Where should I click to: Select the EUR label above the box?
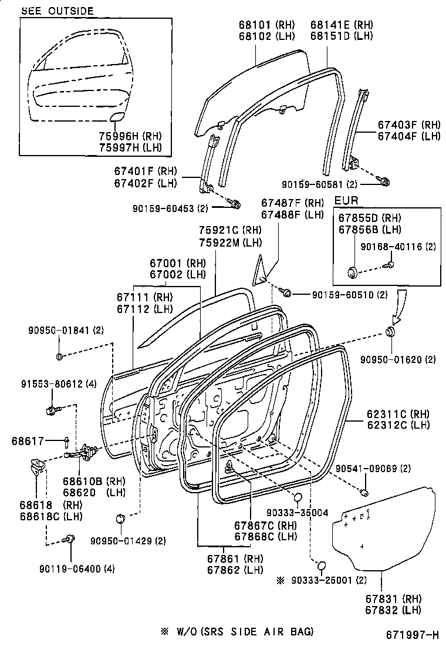346,200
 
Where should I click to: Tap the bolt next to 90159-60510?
286,291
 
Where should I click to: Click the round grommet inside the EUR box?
352,272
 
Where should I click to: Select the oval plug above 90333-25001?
321,566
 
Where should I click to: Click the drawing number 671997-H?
412,635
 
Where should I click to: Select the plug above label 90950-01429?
120,518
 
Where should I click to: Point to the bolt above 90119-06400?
70,538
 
